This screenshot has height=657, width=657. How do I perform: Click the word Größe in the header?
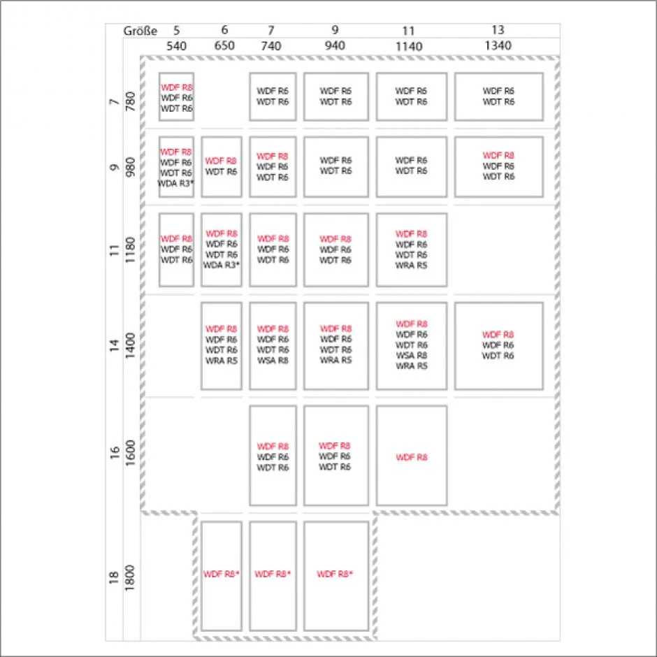pyautogui.click(x=140, y=31)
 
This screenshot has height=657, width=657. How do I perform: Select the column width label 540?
pyautogui.click(x=176, y=45)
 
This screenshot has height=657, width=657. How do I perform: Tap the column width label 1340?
pyautogui.click(x=498, y=45)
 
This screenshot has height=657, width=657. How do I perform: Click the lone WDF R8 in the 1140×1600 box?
pyautogui.click(x=411, y=457)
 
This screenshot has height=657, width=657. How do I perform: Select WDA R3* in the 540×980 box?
pyautogui.click(x=176, y=183)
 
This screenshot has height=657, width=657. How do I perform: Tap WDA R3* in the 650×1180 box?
pyautogui.click(x=222, y=265)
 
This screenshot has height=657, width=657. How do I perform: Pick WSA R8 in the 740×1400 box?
pyautogui.click(x=273, y=360)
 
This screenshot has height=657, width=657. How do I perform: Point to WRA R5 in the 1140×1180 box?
pyautogui.click(x=411, y=265)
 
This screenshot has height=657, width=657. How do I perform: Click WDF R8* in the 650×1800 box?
pyautogui.click(x=222, y=575)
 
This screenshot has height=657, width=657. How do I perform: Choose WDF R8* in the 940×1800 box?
pyautogui.click(x=335, y=575)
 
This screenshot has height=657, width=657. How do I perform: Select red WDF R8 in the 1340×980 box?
pyautogui.click(x=498, y=155)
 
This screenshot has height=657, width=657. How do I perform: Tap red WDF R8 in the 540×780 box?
pyautogui.click(x=176, y=87)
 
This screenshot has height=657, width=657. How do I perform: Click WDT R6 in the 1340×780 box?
pyautogui.click(x=498, y=102)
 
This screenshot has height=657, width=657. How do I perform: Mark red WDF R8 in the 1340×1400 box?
pyautogui.click(x=498, y=335)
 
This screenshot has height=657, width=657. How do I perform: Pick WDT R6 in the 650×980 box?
pyautogui.click(x=222, y=171)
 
